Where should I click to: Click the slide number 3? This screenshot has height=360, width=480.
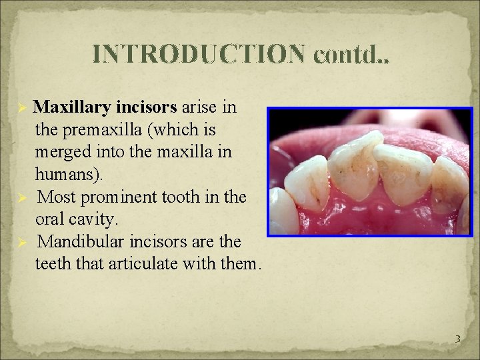tap(457, 339)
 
